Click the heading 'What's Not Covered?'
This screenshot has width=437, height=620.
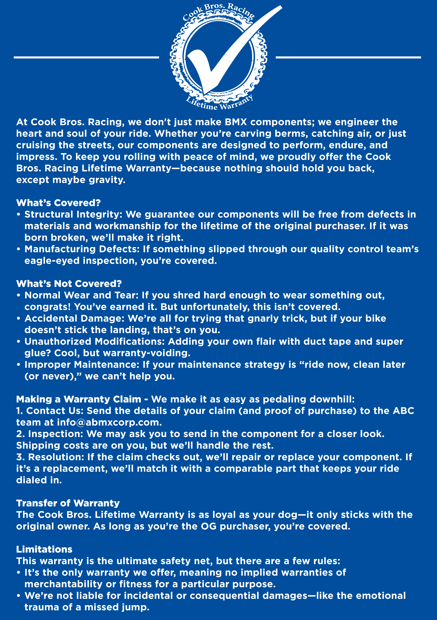tap(69, 284)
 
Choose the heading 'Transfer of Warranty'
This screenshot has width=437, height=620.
tap(68, 503)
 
